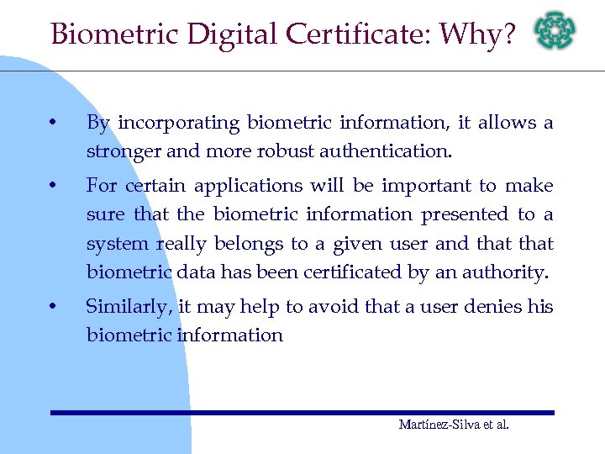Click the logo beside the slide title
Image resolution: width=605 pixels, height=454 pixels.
click(x=556, y=32)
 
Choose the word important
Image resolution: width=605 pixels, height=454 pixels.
click(x=421, y=185)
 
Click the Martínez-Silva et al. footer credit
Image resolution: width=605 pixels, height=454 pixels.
click(x=454, y=425)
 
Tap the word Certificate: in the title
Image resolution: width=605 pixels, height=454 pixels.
click(x=359, y=34)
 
